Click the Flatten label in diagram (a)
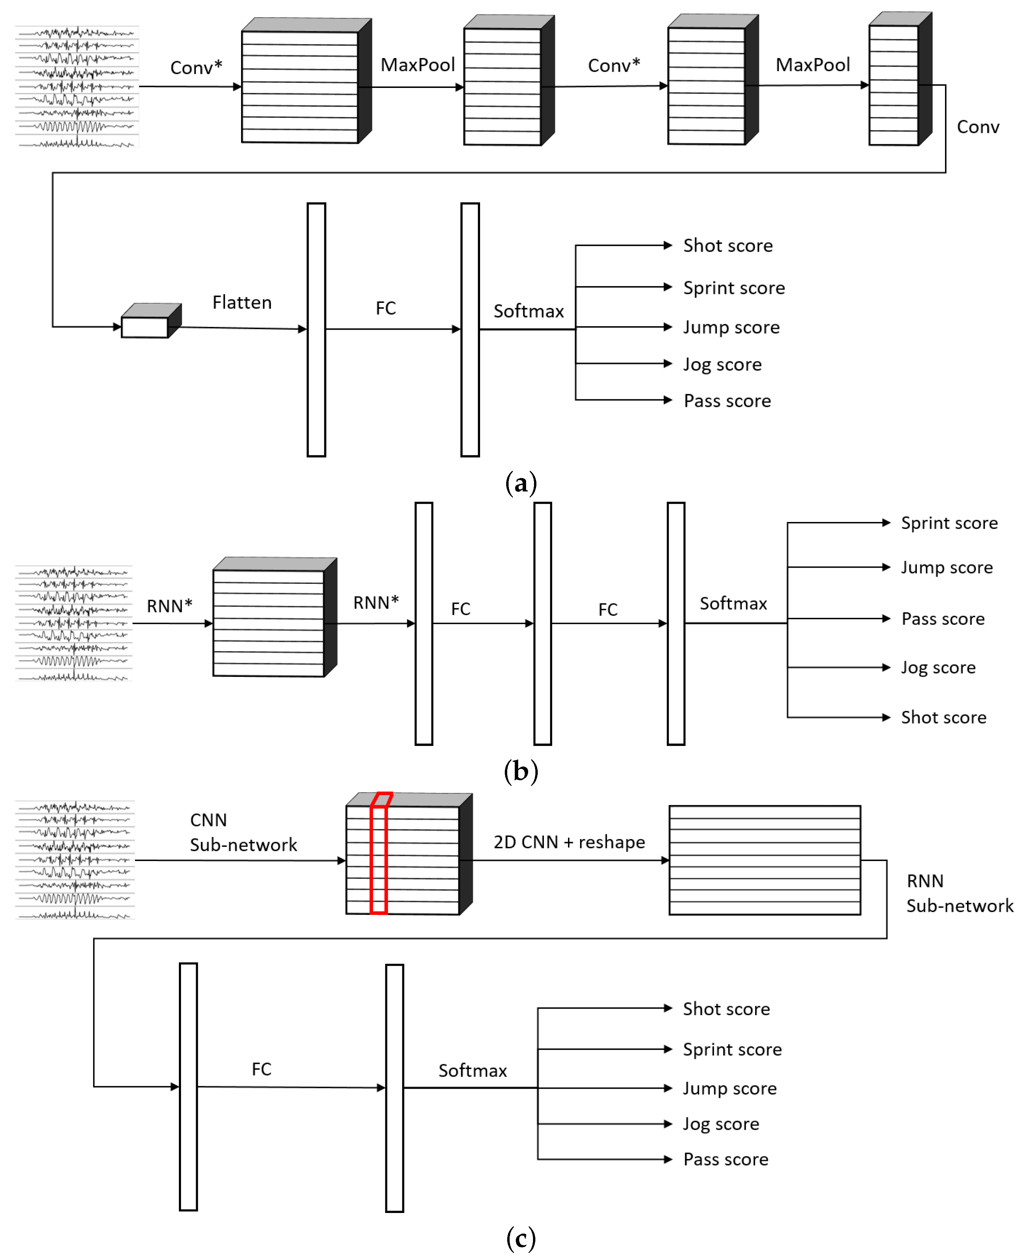pos(242,302)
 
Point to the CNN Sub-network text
pos(243,832)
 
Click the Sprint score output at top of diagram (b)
pos(949,523)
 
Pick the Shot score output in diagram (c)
pos(726,1009)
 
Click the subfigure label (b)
pos(521,770)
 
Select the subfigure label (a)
pos(521,483)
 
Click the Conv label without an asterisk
pos(978,127)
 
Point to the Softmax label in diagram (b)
pos(733,603)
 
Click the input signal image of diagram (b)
pos(74,623)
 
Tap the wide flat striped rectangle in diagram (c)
pos(764,860)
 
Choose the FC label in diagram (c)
pos(262,1069)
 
